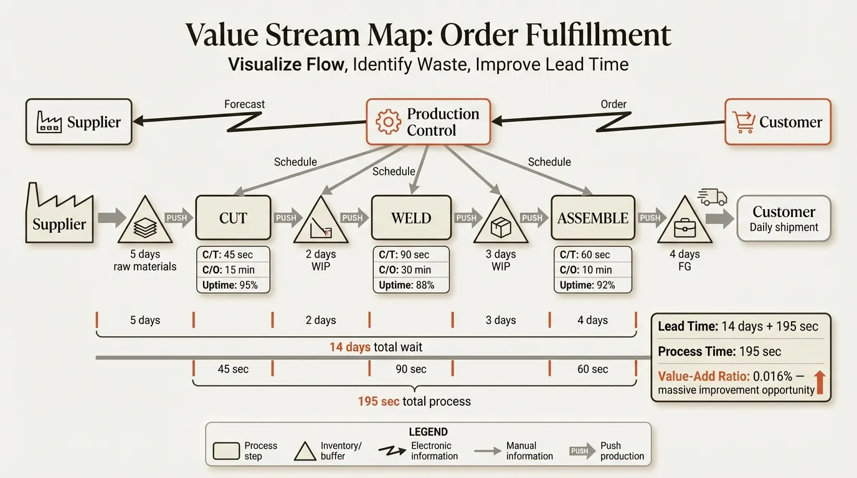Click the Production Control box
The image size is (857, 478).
[x=428, y=122]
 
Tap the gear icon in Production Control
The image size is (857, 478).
[x=389, y=122]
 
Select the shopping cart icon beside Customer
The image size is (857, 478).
[x=743, y=122]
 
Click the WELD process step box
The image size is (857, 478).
[x=411, y=218]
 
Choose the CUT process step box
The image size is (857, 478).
[x=233, y=218]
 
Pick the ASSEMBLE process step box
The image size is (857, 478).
[x=592, y=218]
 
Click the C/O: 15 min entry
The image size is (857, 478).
[x=228, y=269]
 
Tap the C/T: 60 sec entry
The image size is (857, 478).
[x=585, y=255]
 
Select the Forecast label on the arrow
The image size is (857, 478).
[x=245, y=104]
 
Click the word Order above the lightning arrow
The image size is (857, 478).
[x=613, y=104]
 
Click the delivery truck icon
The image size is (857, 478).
[x=713, y=197]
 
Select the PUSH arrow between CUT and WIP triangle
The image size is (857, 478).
[x=286, y=218]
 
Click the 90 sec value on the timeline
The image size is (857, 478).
[x=410, y=369]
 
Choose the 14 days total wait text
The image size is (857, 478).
[x=376, y=347]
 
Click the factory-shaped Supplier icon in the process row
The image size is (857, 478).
[x=60, y=215]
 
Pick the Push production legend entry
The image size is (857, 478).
[x=607, y=451]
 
